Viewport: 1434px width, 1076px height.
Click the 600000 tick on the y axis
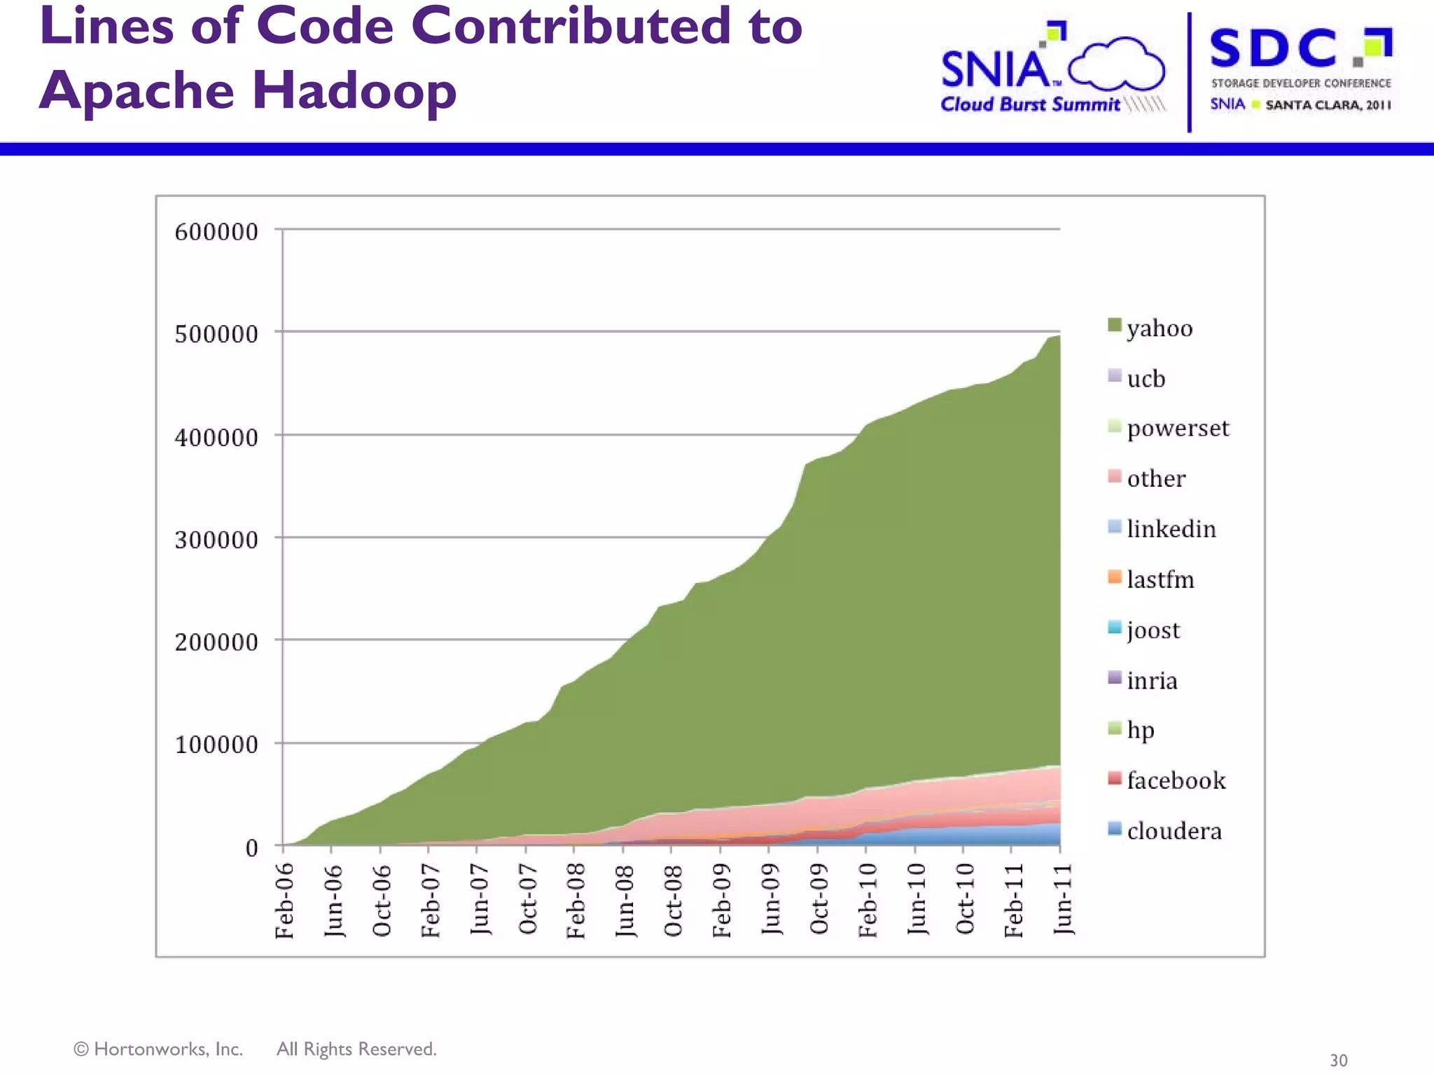coord(216,232)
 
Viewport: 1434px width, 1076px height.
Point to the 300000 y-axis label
coord(216,540)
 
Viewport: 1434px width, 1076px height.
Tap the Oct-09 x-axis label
coord(819,899)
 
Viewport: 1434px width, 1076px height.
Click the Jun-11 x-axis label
coord(1063,899)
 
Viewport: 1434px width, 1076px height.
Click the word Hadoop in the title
coord(354,91)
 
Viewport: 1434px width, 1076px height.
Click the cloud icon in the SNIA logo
coord(1116,64)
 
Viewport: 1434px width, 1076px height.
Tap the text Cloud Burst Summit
coord(1029,104)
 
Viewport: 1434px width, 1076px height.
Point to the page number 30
coord(1338,1060)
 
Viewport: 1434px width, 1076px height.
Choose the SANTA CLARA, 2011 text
coord(1328,105)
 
